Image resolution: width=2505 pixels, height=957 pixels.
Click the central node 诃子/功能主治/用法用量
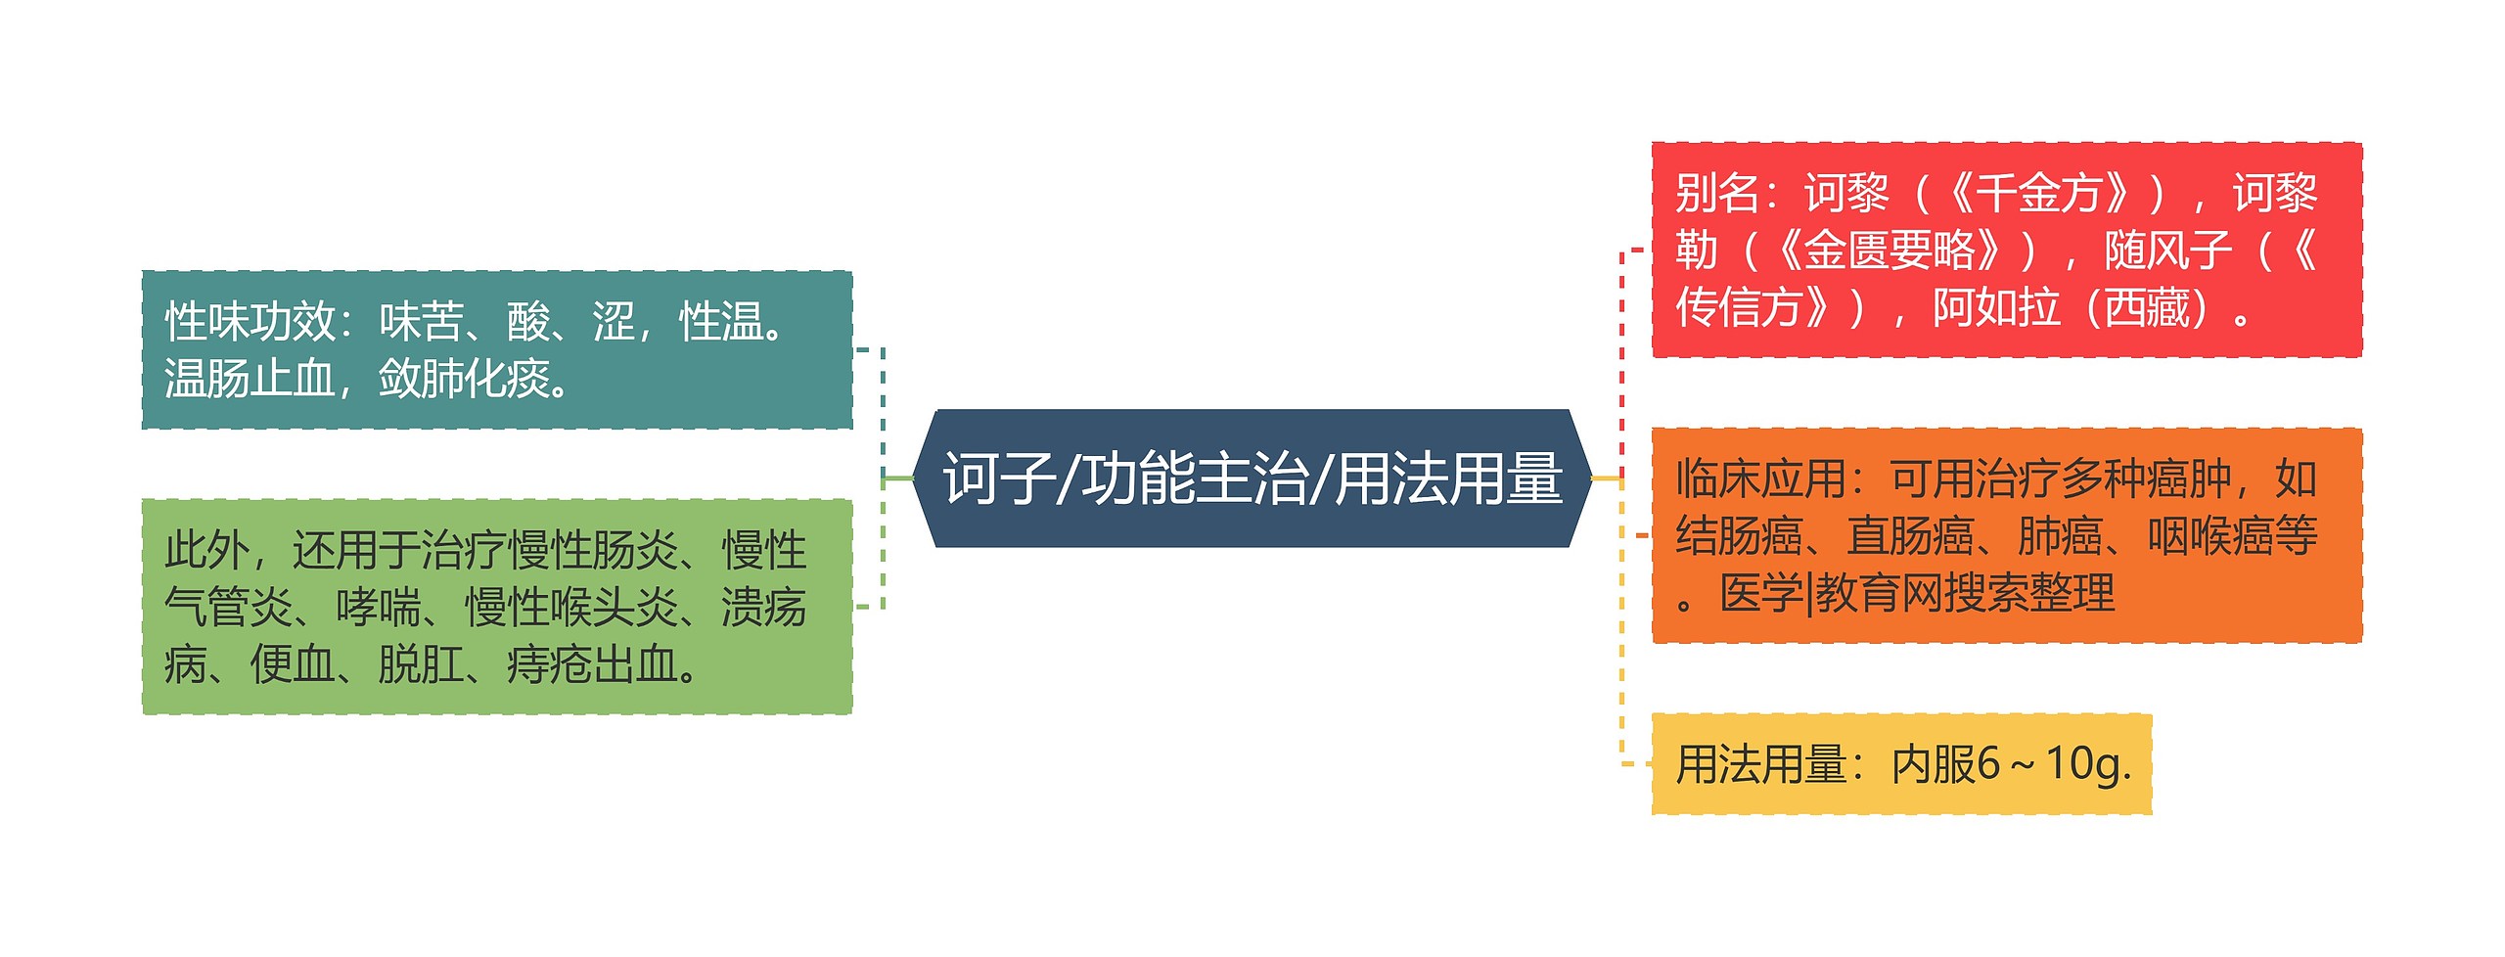point(1252,478)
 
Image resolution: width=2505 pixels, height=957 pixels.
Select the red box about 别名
point(2006,250)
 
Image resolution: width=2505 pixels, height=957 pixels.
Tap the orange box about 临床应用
point(2006,535)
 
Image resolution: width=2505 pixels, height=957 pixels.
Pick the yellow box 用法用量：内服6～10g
point(1901,764)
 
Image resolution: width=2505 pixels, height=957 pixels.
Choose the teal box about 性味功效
point(497,349)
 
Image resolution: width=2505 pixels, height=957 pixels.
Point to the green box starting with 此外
point(497,607)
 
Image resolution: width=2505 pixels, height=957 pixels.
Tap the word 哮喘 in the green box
point(379,608)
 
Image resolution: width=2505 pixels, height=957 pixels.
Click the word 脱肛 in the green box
point(421,665)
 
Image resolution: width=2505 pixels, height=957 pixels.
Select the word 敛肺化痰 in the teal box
point(464,379)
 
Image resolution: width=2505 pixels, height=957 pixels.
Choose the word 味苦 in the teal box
point(422,321)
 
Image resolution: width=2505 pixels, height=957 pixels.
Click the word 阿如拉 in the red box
point(1996,308)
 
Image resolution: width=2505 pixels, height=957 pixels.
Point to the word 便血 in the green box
point(293,665)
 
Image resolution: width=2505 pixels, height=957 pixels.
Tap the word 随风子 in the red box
point(2168,251)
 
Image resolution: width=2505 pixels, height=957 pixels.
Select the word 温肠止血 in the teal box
point(250,379)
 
